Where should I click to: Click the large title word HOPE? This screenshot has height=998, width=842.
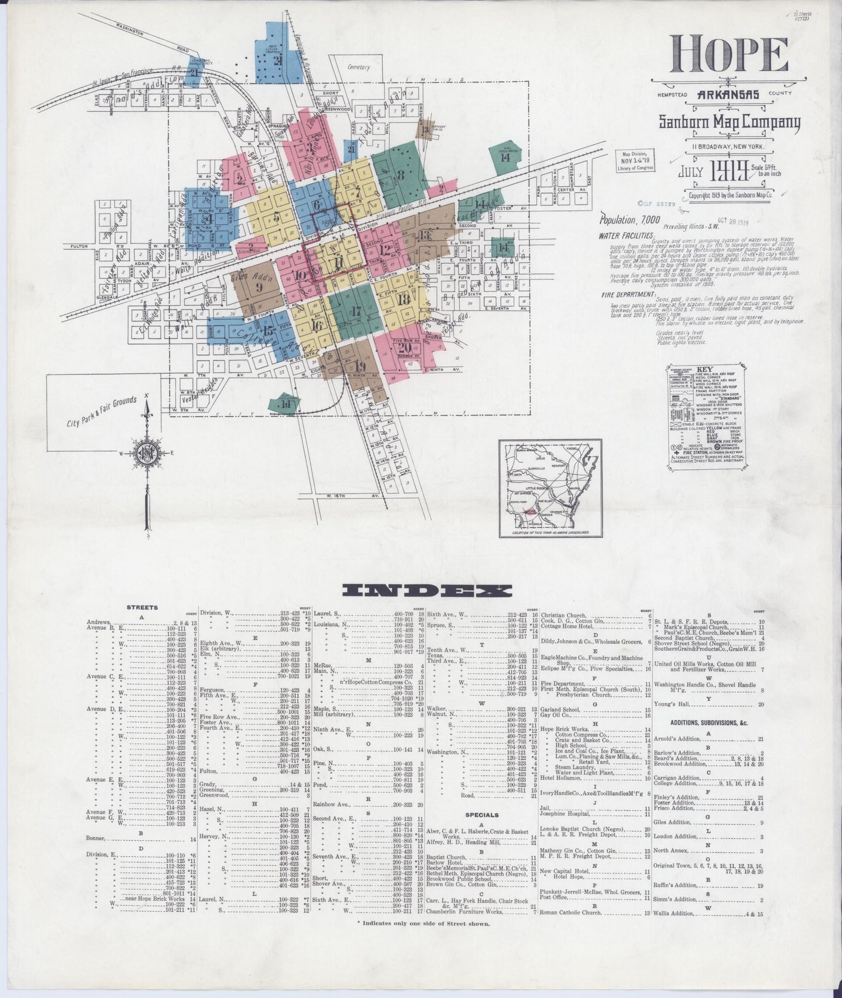728,55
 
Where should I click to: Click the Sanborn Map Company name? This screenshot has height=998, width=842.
729,122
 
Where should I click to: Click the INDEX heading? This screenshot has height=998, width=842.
422,590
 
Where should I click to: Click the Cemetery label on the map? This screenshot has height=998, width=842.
358,67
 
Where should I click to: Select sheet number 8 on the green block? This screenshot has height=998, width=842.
401,174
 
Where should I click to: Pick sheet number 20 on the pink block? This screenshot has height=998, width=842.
406,348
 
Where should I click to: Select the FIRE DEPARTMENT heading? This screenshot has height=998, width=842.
628,295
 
